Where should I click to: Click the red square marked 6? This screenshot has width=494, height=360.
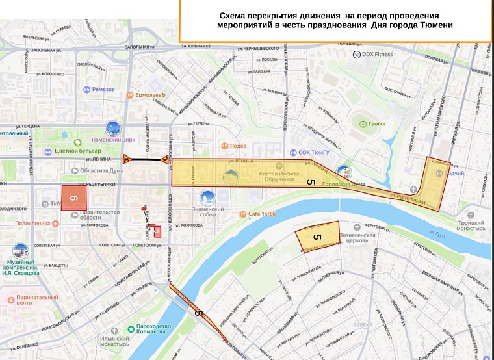tap(73, 198)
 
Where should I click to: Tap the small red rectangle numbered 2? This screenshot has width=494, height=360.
tap(157, 231)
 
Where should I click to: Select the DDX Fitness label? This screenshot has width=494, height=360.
tap(378, 54)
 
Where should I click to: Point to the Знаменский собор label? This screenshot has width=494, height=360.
tap(208, 212)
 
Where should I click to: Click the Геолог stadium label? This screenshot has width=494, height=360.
tap(377, 123)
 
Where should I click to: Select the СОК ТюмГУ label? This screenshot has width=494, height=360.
tap(315, 153)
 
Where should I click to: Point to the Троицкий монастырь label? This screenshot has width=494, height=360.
tap(471, 225)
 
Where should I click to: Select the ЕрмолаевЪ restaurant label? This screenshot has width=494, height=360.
tap(151, 95)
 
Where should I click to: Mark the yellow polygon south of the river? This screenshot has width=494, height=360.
tap(318, 237)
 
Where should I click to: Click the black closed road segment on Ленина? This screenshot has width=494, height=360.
tap(147, 159)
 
